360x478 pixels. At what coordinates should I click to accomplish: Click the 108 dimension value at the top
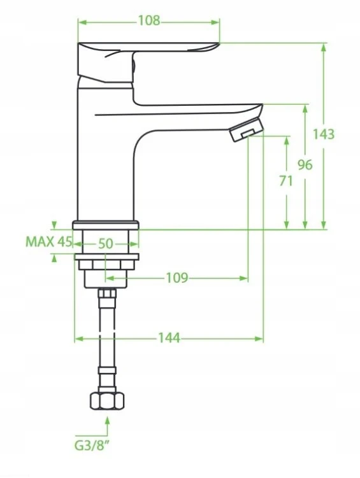(x=148, y=21)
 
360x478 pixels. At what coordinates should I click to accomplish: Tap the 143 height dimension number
(x=324, y=134)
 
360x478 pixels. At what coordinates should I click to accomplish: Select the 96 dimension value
(x=305, y=165)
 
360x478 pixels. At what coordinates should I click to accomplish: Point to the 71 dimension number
(x=286, y=181)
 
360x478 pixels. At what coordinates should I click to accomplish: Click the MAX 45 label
(x=49, y=242)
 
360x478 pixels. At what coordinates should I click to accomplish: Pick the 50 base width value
(x=106, y=244)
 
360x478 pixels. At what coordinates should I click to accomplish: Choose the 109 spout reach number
(x=176, y=278)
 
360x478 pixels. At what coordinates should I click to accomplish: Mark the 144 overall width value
(x=169, y=338)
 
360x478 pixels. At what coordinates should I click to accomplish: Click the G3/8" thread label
(x=92, y=445)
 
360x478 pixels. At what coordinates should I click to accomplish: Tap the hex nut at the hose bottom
(x=107, y=401)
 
